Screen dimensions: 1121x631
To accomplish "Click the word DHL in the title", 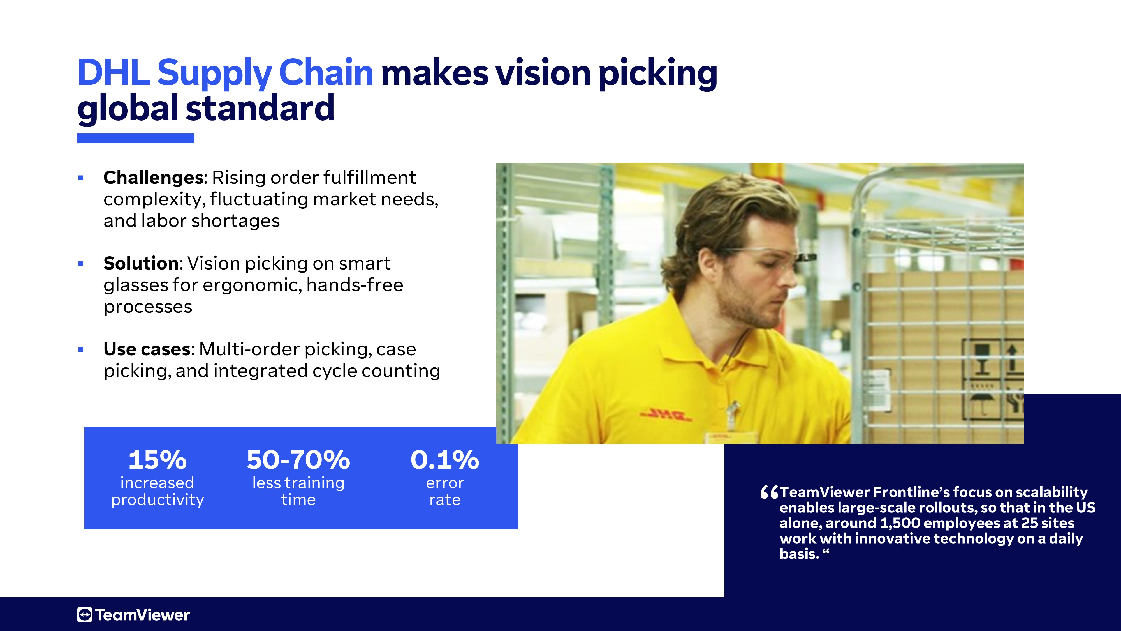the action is [114, 72].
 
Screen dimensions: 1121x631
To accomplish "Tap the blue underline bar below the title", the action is [136, 139].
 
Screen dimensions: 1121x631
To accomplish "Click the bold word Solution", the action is [141, 263].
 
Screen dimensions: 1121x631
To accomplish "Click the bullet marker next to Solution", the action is [80, 263].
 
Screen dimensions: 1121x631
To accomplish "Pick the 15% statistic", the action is [158, 460].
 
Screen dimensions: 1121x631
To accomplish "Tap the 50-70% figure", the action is [298, 460].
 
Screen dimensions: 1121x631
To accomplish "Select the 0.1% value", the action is [445, 460].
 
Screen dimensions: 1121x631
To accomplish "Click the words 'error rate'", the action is [445, 491].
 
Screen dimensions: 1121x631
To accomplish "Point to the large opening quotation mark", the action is [769, 492].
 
